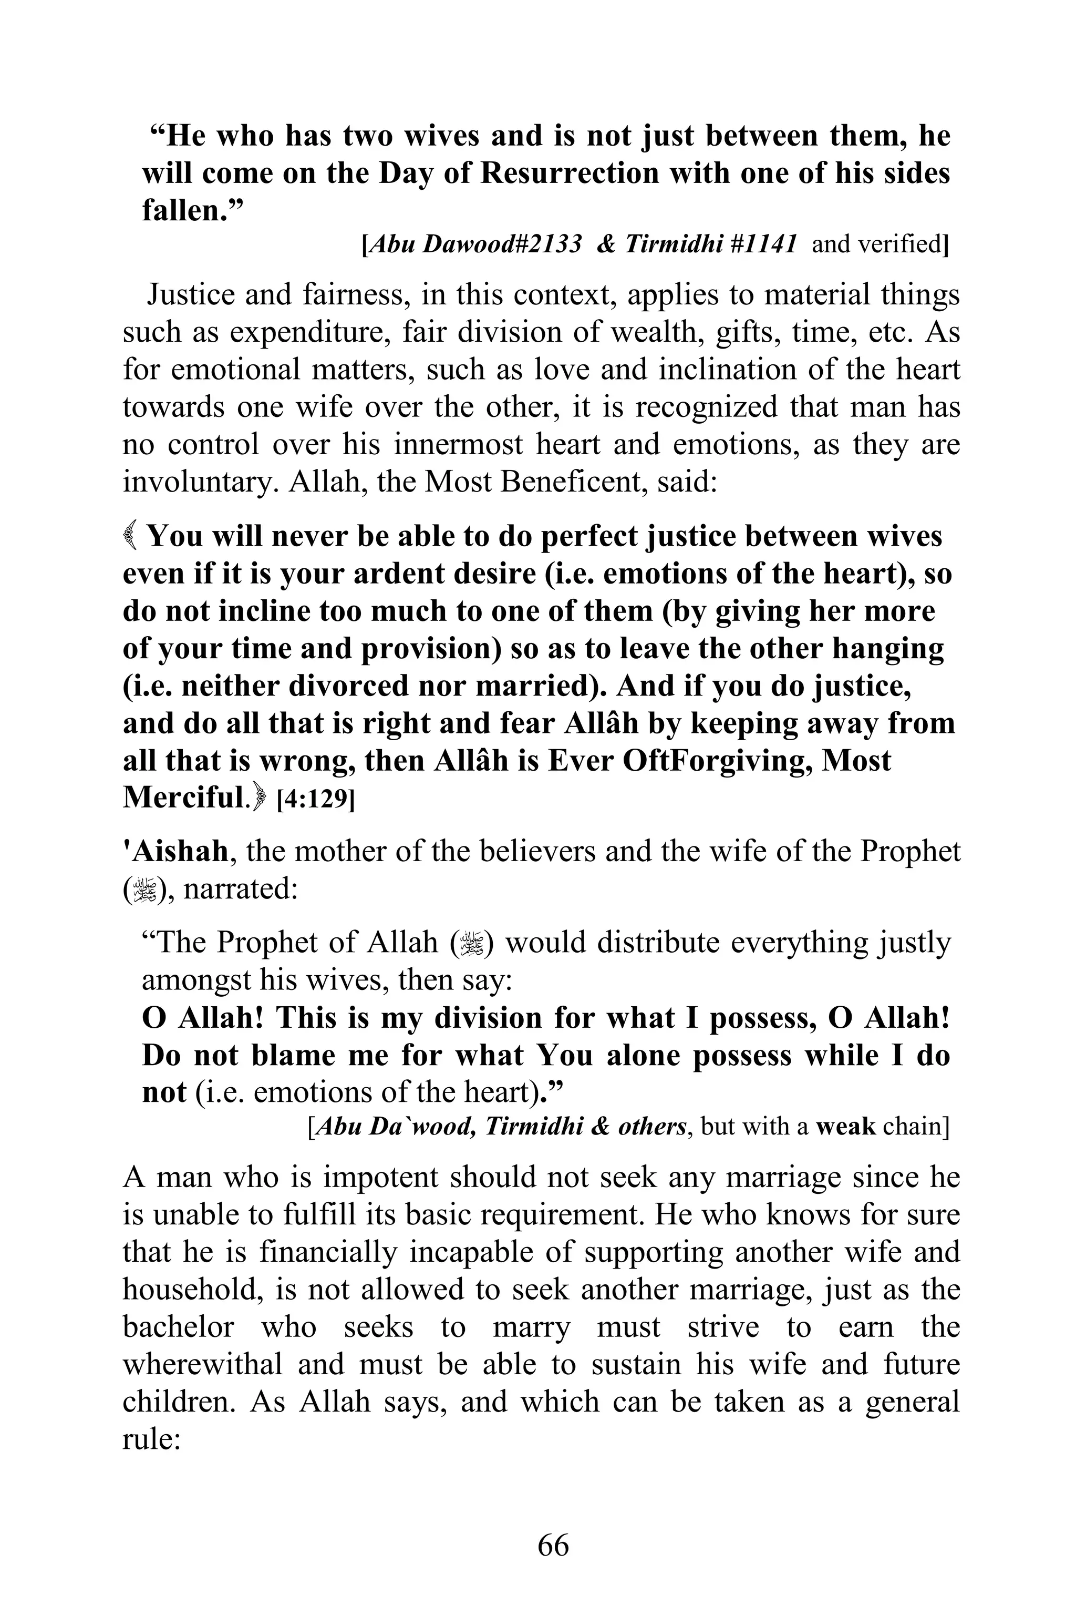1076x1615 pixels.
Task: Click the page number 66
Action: (x=553, y=1545)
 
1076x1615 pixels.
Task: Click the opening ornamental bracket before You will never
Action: (x=131, y=536)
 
